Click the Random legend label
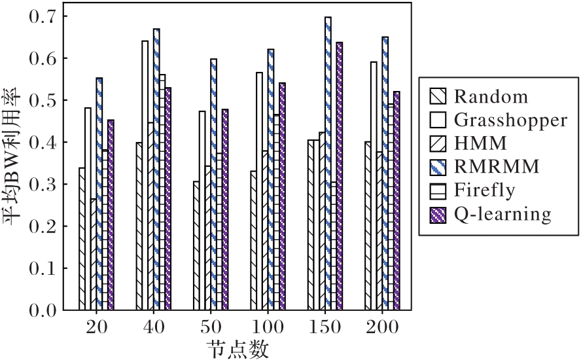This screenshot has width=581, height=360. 490,98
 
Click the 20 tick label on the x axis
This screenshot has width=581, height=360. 96,328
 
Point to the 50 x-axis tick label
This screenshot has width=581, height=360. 210,328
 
